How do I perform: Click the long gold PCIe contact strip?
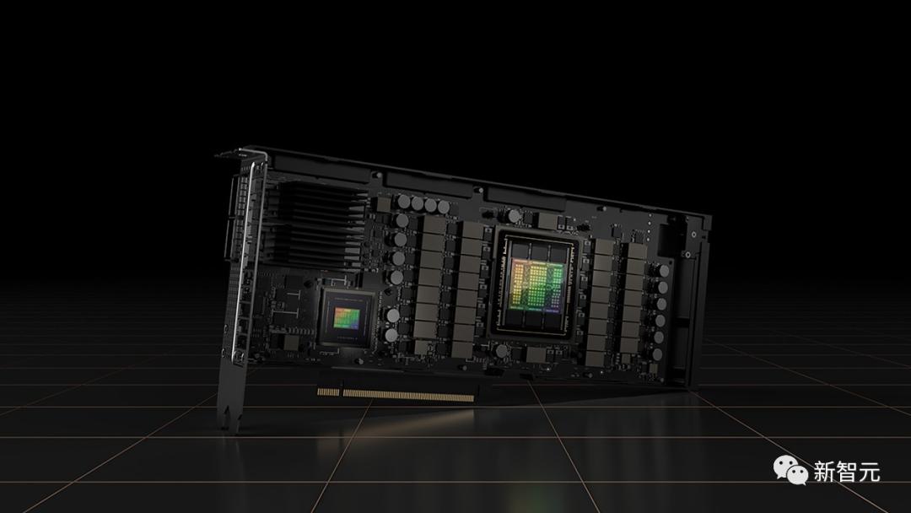[x=408, y=395]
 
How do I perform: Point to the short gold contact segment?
[x=328, y=391]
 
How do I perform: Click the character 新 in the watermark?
[x=824, y=471]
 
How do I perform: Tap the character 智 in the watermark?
[x=847, y=471]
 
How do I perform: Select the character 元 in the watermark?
[x=869, y=471]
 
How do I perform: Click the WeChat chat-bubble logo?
[x=790, y=469]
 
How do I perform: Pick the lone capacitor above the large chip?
[x=515, y=216]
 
